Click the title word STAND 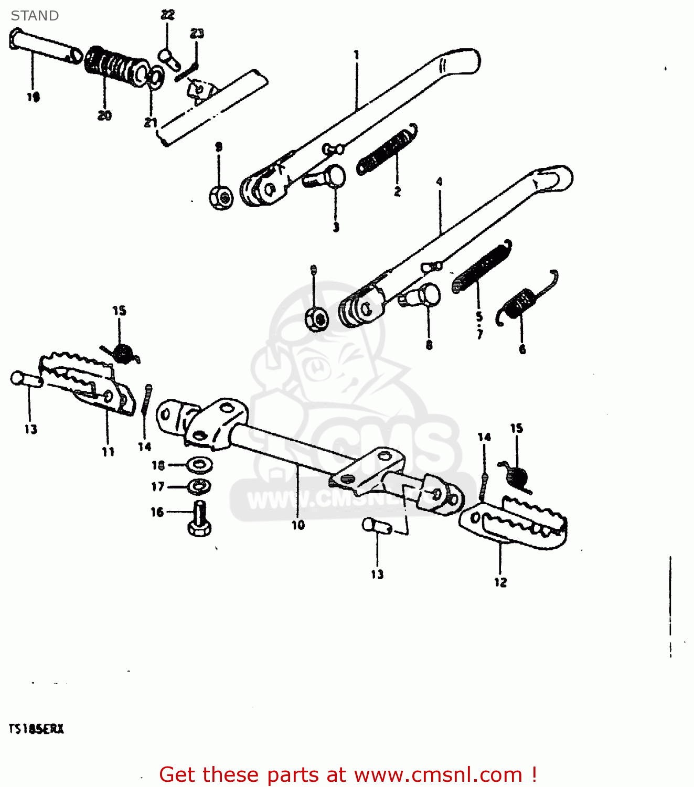[35, 16]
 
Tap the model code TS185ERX [36, 729]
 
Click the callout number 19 [33, 97]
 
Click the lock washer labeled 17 [199, 486]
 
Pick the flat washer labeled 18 [200, 464]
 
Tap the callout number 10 [298, 525]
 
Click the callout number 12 [500, 582]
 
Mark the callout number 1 [356, 55]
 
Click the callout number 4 [439, 182]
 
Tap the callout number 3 [336, 227]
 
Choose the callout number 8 [429, 345]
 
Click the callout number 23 [197, 34]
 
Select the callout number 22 [167, 15]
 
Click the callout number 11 [108, 452]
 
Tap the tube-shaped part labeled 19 [45, 46]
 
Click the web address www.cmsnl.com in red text [437, 774]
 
